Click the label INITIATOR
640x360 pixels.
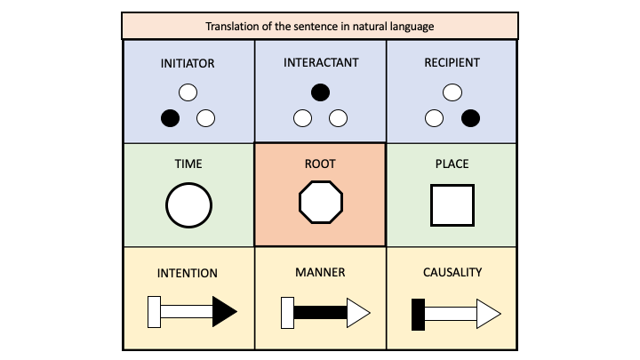pyautogui.click(x=188, y=64)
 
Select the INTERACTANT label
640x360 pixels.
pyautogui.click(x=319, y=64)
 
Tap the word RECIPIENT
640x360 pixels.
pyautogui.click(x=452, y=64)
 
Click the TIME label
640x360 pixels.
pyautogui.click(x=188, y=164)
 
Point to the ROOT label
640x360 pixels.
pyautogui.click(x=319, y=164)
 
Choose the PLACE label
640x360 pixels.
pyautogui.click(x=452, y=164)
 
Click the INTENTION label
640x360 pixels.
pyautogui.click(x=188, y=273)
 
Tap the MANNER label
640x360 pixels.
pyautogui.click(x=319, y=273)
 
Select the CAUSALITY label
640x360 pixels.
pyautogui.click(x=452, y=273)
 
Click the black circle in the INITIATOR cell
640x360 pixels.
pyautogui.click(x=170, y=118)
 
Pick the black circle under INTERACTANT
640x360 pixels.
pyautogui.click(x=320, y=92)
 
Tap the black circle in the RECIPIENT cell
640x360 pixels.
pyautogui.click(x=471, y=118)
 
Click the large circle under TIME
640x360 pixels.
pyautogui.click(x=188, y=205)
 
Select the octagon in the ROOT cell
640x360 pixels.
pyautogui.click(x=319, y=204)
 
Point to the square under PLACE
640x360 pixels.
pyautogui.click(x=452, y=205)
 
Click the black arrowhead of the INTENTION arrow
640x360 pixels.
pyautogui.click(x=225, y=312)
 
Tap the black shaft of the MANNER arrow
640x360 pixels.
pyautogui.click(x=319, y=313)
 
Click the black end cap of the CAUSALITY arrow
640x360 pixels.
pyautogui.click(x=418, y=313)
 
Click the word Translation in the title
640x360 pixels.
pyautogui.click(x=234, y=26)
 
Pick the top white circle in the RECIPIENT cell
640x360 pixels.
pyautogui.click(x=452, y=92)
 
